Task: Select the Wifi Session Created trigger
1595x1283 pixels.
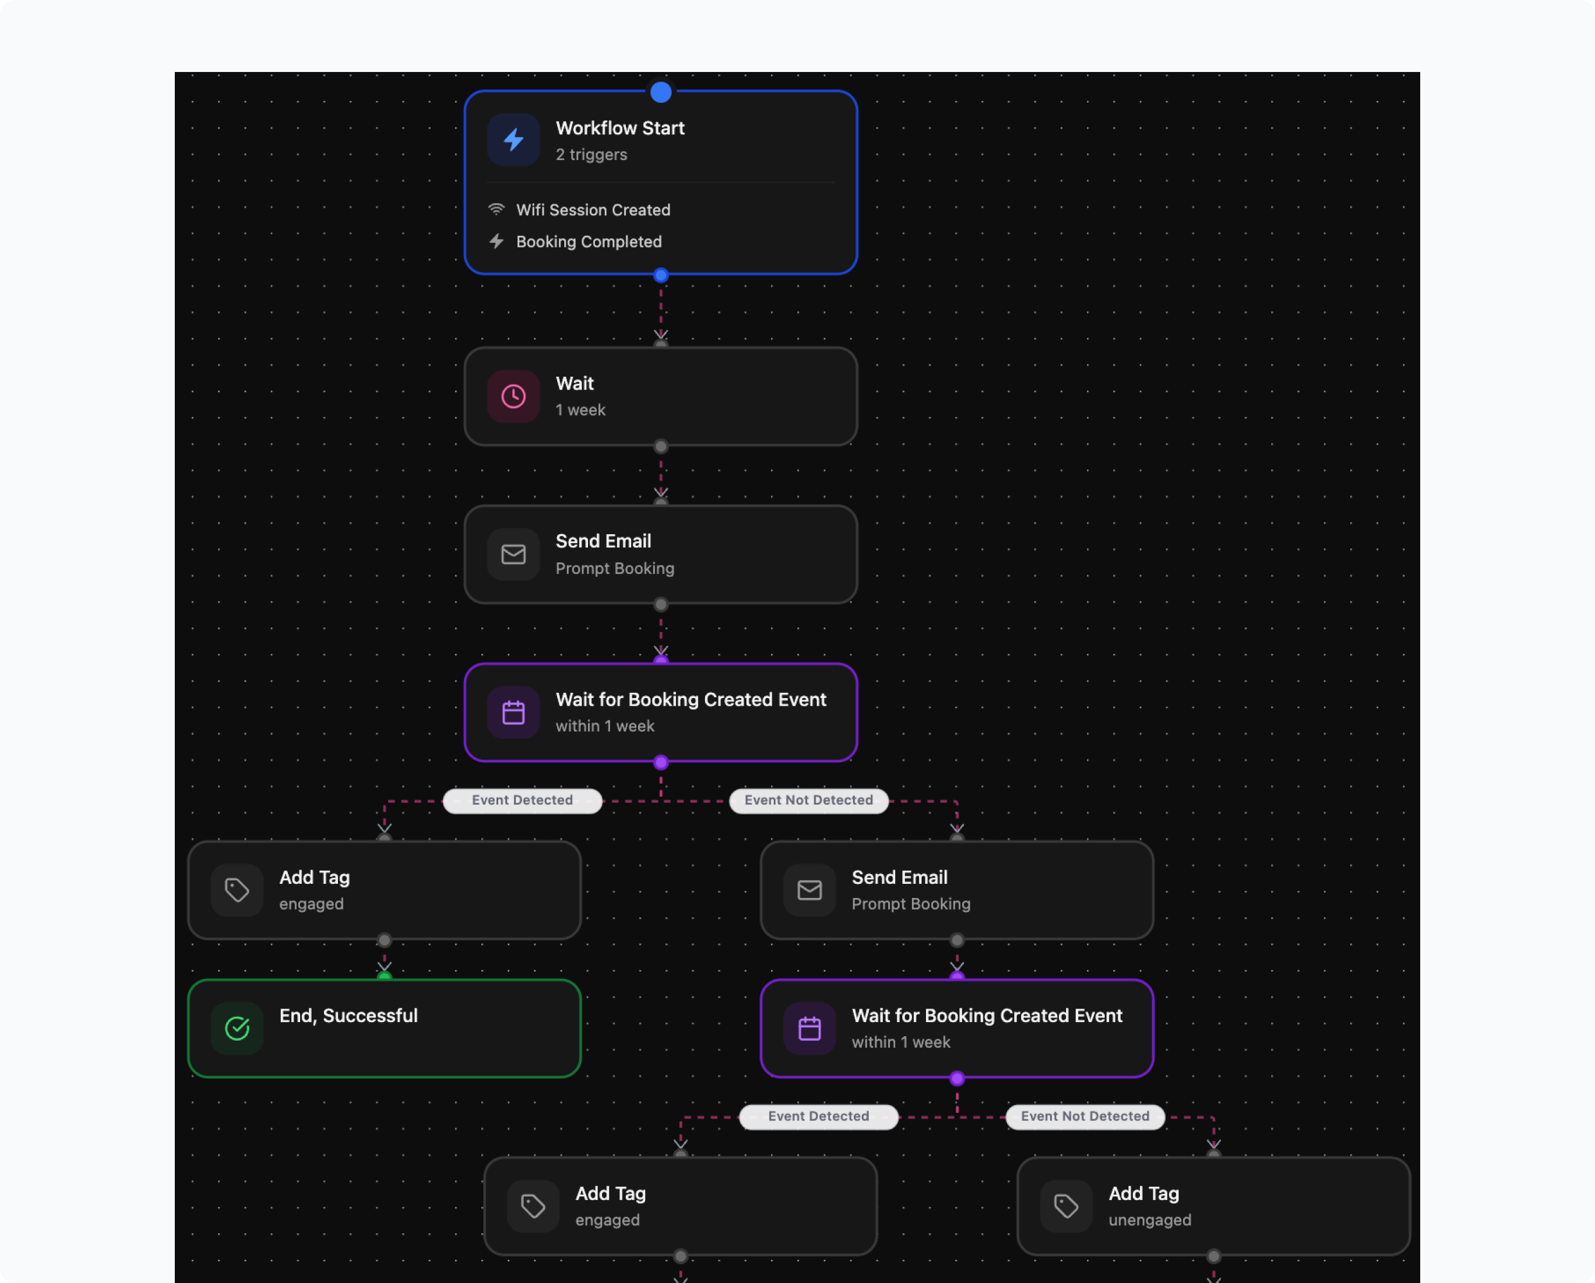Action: pos(593,210)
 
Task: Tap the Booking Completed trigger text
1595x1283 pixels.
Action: pos(588,242)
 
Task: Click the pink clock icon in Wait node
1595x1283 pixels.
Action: pos(513,397)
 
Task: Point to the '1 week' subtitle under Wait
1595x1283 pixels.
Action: pos(580,410)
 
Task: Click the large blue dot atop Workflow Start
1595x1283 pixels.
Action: pos(661,93)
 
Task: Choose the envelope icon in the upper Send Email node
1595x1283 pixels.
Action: pos(513,554)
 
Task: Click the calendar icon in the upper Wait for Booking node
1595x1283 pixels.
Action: pos(513,713)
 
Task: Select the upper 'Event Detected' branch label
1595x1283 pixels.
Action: pos(522,800)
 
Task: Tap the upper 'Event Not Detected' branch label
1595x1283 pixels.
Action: pos(808,800)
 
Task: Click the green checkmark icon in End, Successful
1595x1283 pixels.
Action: pos(236,1028)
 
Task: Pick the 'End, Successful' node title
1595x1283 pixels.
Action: pos(348,1016)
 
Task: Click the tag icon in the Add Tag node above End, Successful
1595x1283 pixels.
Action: pos(236,890)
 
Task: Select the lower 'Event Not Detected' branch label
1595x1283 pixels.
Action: pos(1085,1117)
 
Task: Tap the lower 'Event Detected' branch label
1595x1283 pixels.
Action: pos(818,1117)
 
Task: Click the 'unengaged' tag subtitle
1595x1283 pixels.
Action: pos(1150,1220)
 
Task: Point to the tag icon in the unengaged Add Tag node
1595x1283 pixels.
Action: pos(1066,1206)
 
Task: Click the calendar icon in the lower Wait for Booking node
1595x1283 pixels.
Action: pos(809,1028)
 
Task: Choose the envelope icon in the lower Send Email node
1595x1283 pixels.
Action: pos(809,890)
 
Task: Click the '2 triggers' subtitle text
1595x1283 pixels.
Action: pos(591,155)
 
